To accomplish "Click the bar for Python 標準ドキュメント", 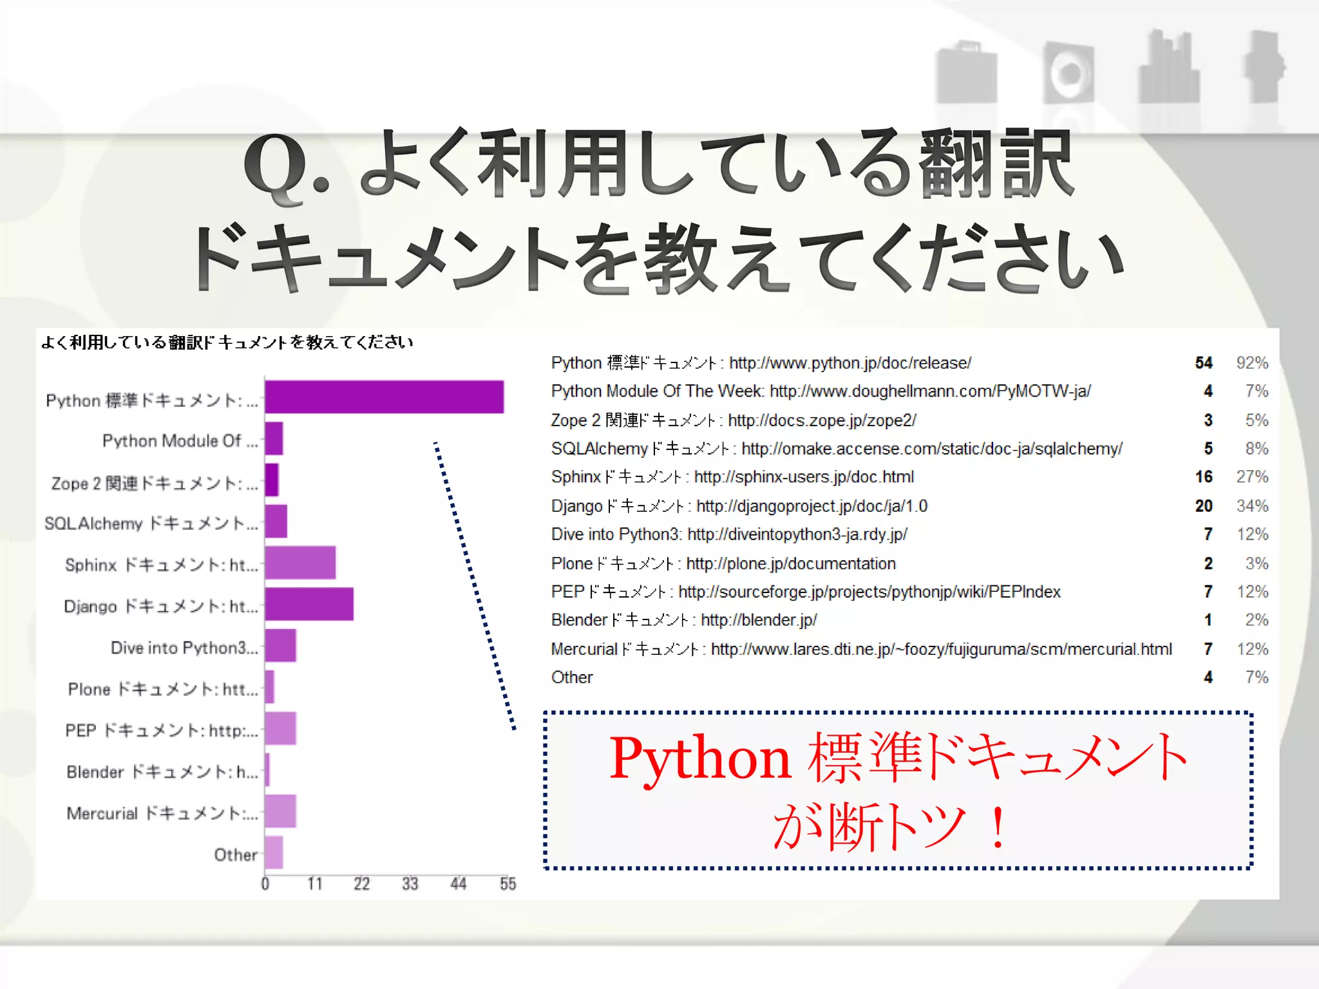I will pyautogui.click(x=384, y=397).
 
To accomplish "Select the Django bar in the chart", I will pyautogui.click(x=309, y=604).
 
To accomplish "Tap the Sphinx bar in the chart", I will pyautogui.click(x=300, y=563).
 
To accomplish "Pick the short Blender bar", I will pyautogui.click(x=267, y=770).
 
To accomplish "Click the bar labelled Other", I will pyautogui.click(x=274, y=852).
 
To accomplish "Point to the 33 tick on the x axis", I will pyautogui.click(x=410, y=884).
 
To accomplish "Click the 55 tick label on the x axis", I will pyautogui.click(x=508, y=884).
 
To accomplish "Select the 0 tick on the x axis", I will pyautogui.click(x=265, y=884).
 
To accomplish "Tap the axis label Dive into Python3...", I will pyautogui.click(x=184, y=648).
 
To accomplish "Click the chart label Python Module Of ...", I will pyautogui.click(x=180, y=441).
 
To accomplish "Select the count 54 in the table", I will pyautogui.click(x=1203, y=363).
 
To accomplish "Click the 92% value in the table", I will pyautogui.click(x=1251, y=363).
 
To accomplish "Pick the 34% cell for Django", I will pyautogui.click(x=1251, y=506).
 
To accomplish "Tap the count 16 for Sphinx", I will pyautogui.click(x=1203, y=477).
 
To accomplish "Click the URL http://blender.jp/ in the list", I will pyautogui.click(x=759, y=620).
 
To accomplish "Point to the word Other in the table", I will pyautogui.click(x=572, y=677).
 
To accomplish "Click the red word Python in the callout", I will pyautogui.click(x=700, y=758).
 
